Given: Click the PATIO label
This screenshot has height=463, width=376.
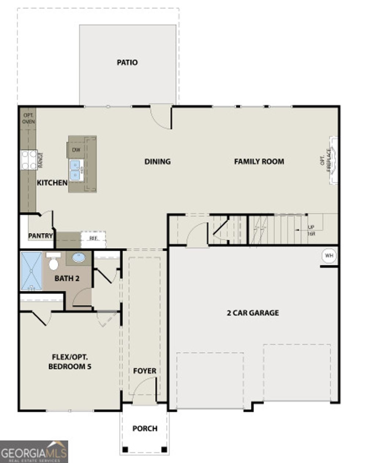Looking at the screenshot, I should (x=127, y=62).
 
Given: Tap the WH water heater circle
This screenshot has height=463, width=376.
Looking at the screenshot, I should (x=329, y=255).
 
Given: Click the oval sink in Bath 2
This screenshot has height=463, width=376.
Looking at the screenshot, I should (x=79, y=258).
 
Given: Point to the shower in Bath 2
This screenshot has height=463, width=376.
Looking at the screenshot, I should (x=32, y=271).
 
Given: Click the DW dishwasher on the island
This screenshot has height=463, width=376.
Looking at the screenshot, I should (x=76, y=150).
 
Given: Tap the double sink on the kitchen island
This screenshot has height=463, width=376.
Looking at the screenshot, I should (x=76, y=170).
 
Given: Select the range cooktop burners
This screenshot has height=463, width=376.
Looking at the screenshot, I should (x=29, y=160).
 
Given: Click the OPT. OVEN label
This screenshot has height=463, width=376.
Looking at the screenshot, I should (x=28, y=118).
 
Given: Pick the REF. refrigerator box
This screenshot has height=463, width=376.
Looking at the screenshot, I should (x=93, y=238).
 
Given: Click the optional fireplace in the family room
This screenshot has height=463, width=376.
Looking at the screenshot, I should (x=333, y=161).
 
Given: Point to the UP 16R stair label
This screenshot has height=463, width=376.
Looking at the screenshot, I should (x=311, y=230).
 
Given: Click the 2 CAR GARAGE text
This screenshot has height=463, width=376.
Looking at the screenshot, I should (x=253, y=313).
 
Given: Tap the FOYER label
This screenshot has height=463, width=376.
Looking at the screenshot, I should (x=145, y=371).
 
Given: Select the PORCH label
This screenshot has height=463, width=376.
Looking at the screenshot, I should (x=145, y=429).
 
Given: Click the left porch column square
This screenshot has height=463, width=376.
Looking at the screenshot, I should (x=125, y=449).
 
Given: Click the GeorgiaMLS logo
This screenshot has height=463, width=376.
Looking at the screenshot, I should (x=34, y=451).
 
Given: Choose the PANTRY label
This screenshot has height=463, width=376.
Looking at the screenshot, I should (x=40, y=236).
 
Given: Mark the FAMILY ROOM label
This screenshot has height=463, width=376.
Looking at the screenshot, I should (x=259, y=161).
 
